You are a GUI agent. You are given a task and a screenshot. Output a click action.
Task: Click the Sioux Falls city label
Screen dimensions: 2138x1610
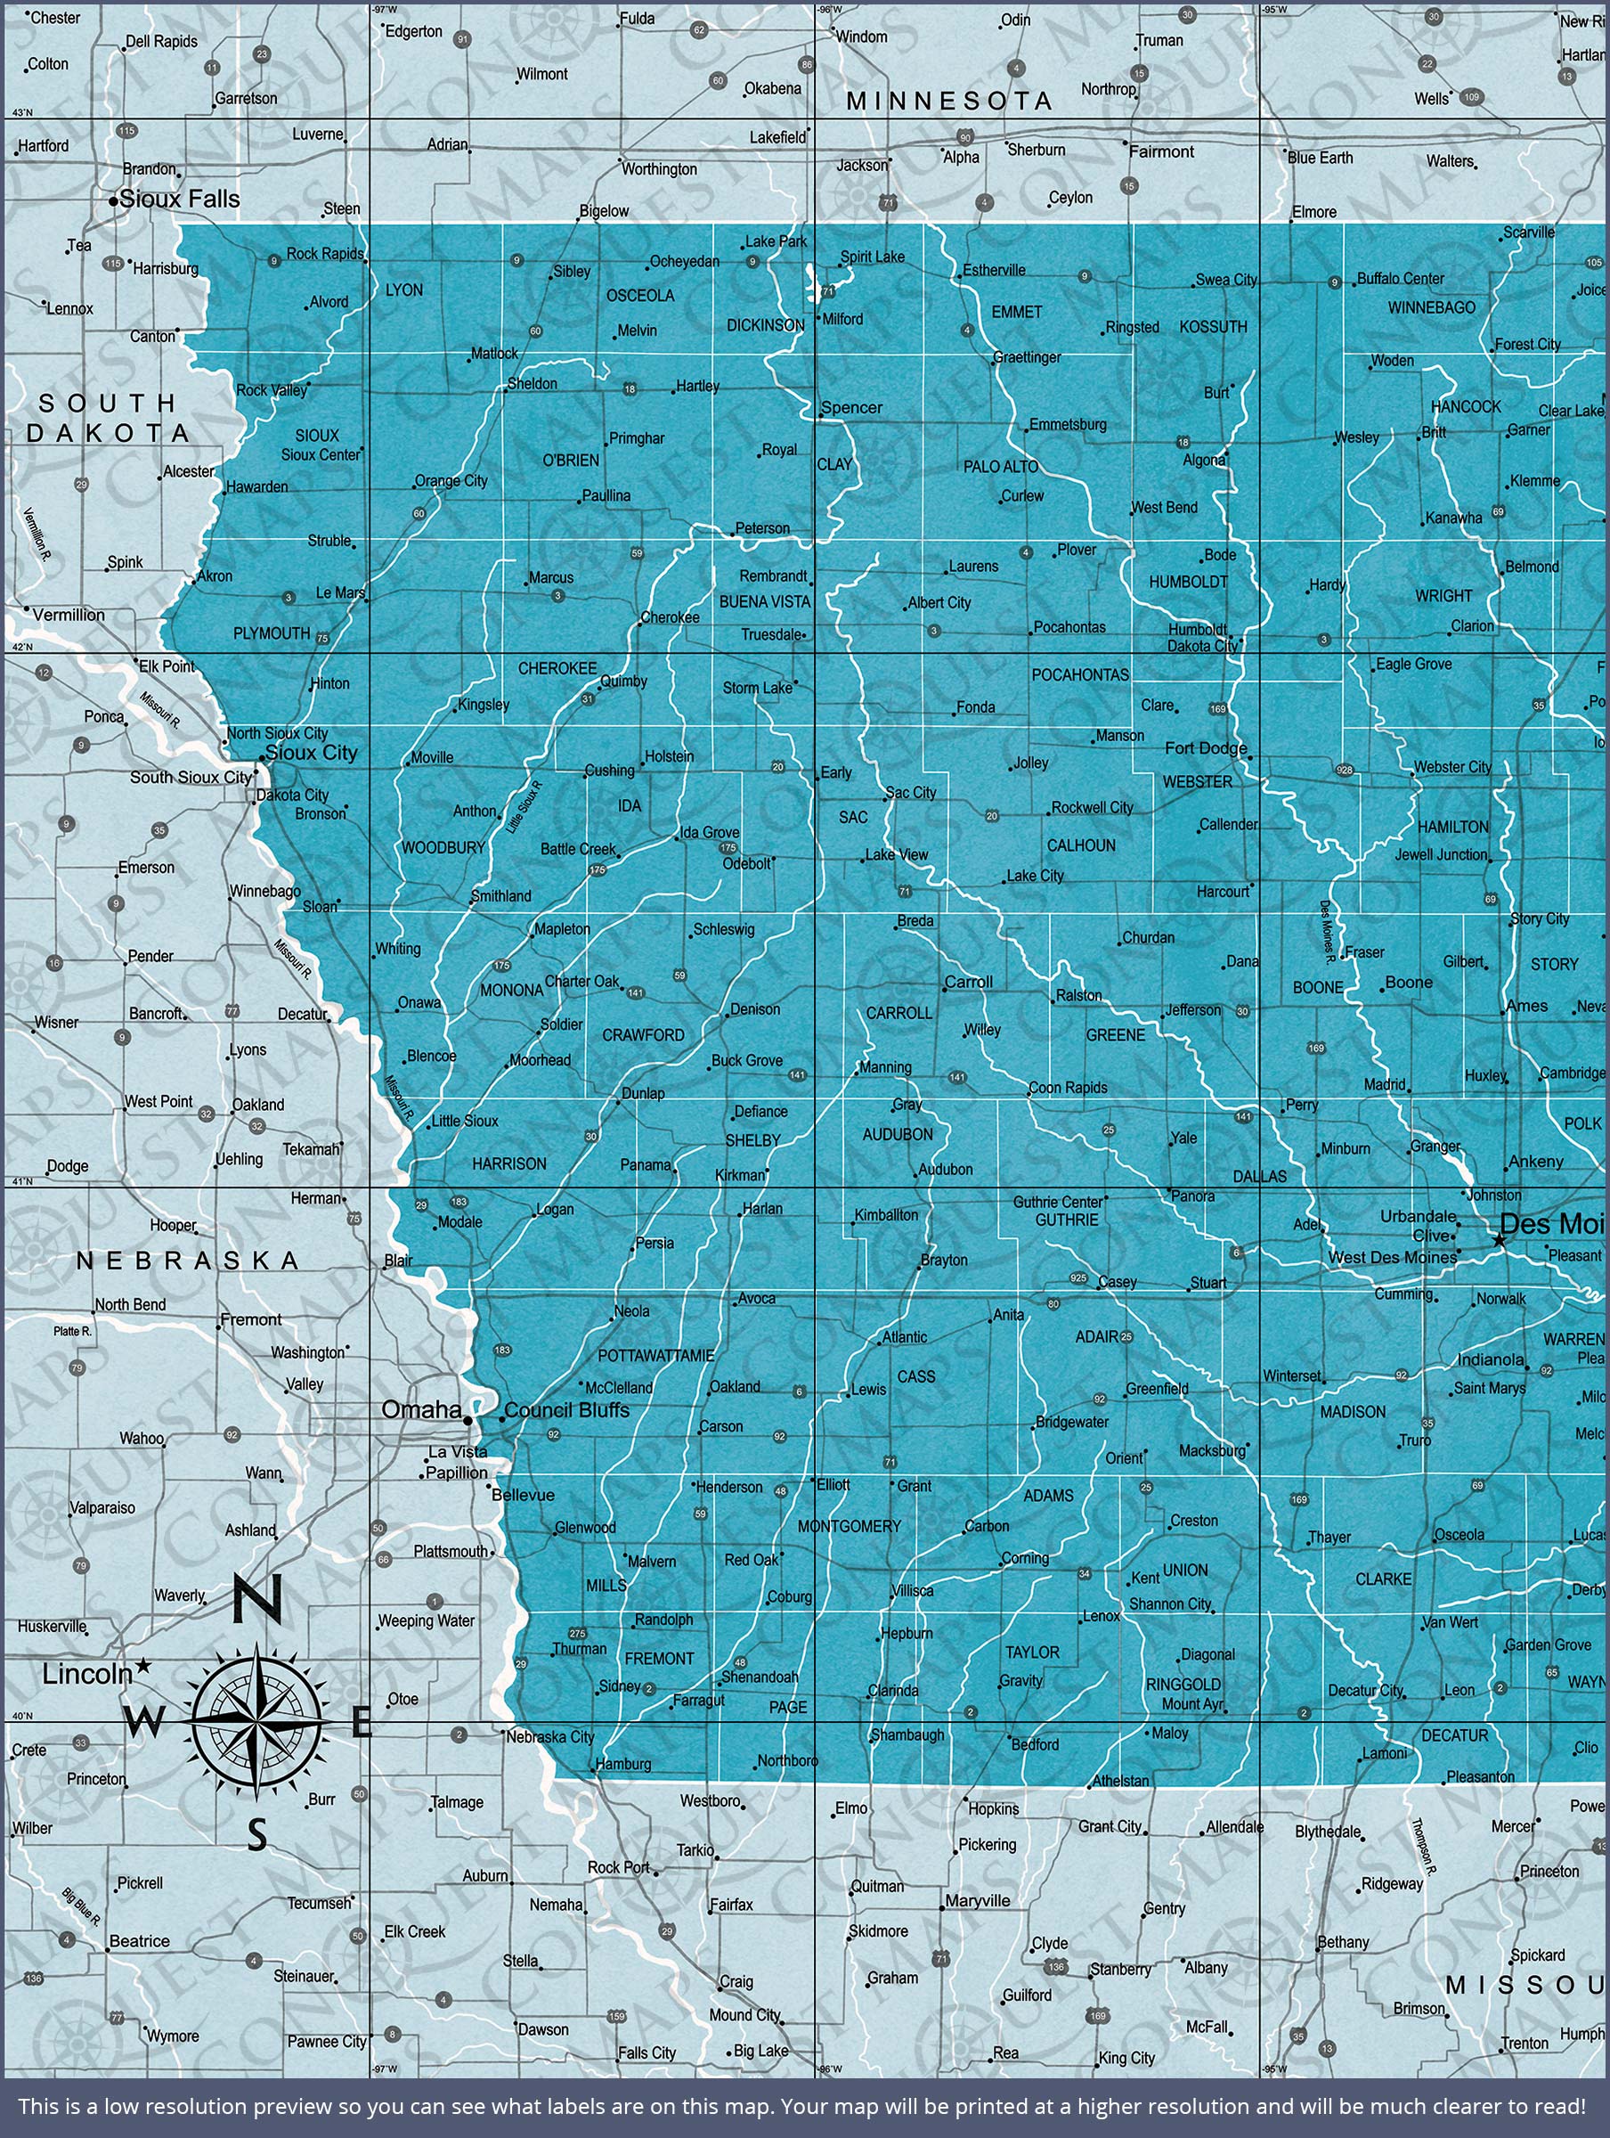tap(179, 200)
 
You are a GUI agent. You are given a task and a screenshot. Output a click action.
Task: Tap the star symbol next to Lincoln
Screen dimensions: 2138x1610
tap(143, 1664)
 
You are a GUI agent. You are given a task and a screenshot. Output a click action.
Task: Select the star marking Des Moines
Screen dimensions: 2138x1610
tap(1499, 1239)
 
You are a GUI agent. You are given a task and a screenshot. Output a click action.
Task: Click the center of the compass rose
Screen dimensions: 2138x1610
tap(256, 1720)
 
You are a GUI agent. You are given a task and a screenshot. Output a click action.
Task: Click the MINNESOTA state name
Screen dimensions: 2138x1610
tap(949, 101)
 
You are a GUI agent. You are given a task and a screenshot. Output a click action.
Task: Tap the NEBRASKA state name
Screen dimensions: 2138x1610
tap(188, 1261)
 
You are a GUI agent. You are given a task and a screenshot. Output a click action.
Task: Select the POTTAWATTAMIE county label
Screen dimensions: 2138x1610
tap(655, 1355)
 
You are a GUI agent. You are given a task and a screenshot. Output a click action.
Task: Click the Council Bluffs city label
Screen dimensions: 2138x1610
tap(566, 1410)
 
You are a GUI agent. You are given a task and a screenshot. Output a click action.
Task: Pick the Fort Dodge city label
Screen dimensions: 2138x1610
tap(1205, 747)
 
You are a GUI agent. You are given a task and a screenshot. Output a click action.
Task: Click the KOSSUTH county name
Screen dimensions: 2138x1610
tap(1213, 327)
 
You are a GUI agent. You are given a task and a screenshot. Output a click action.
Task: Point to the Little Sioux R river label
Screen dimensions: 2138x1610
tap(524, 807)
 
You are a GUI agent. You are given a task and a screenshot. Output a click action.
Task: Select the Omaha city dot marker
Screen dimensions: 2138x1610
tap(468, 1420)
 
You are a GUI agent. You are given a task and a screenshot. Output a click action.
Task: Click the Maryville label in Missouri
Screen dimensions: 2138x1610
tap(977, 1900)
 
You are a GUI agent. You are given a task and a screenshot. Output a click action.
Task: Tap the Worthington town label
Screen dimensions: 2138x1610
tap(659, 169)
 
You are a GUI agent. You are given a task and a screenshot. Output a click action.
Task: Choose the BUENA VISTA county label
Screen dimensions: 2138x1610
tap(763, 601)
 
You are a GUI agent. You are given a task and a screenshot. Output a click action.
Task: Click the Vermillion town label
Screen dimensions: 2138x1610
tap(68, 614)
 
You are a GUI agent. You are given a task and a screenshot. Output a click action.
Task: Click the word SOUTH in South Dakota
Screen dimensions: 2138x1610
tap(106, 402)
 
